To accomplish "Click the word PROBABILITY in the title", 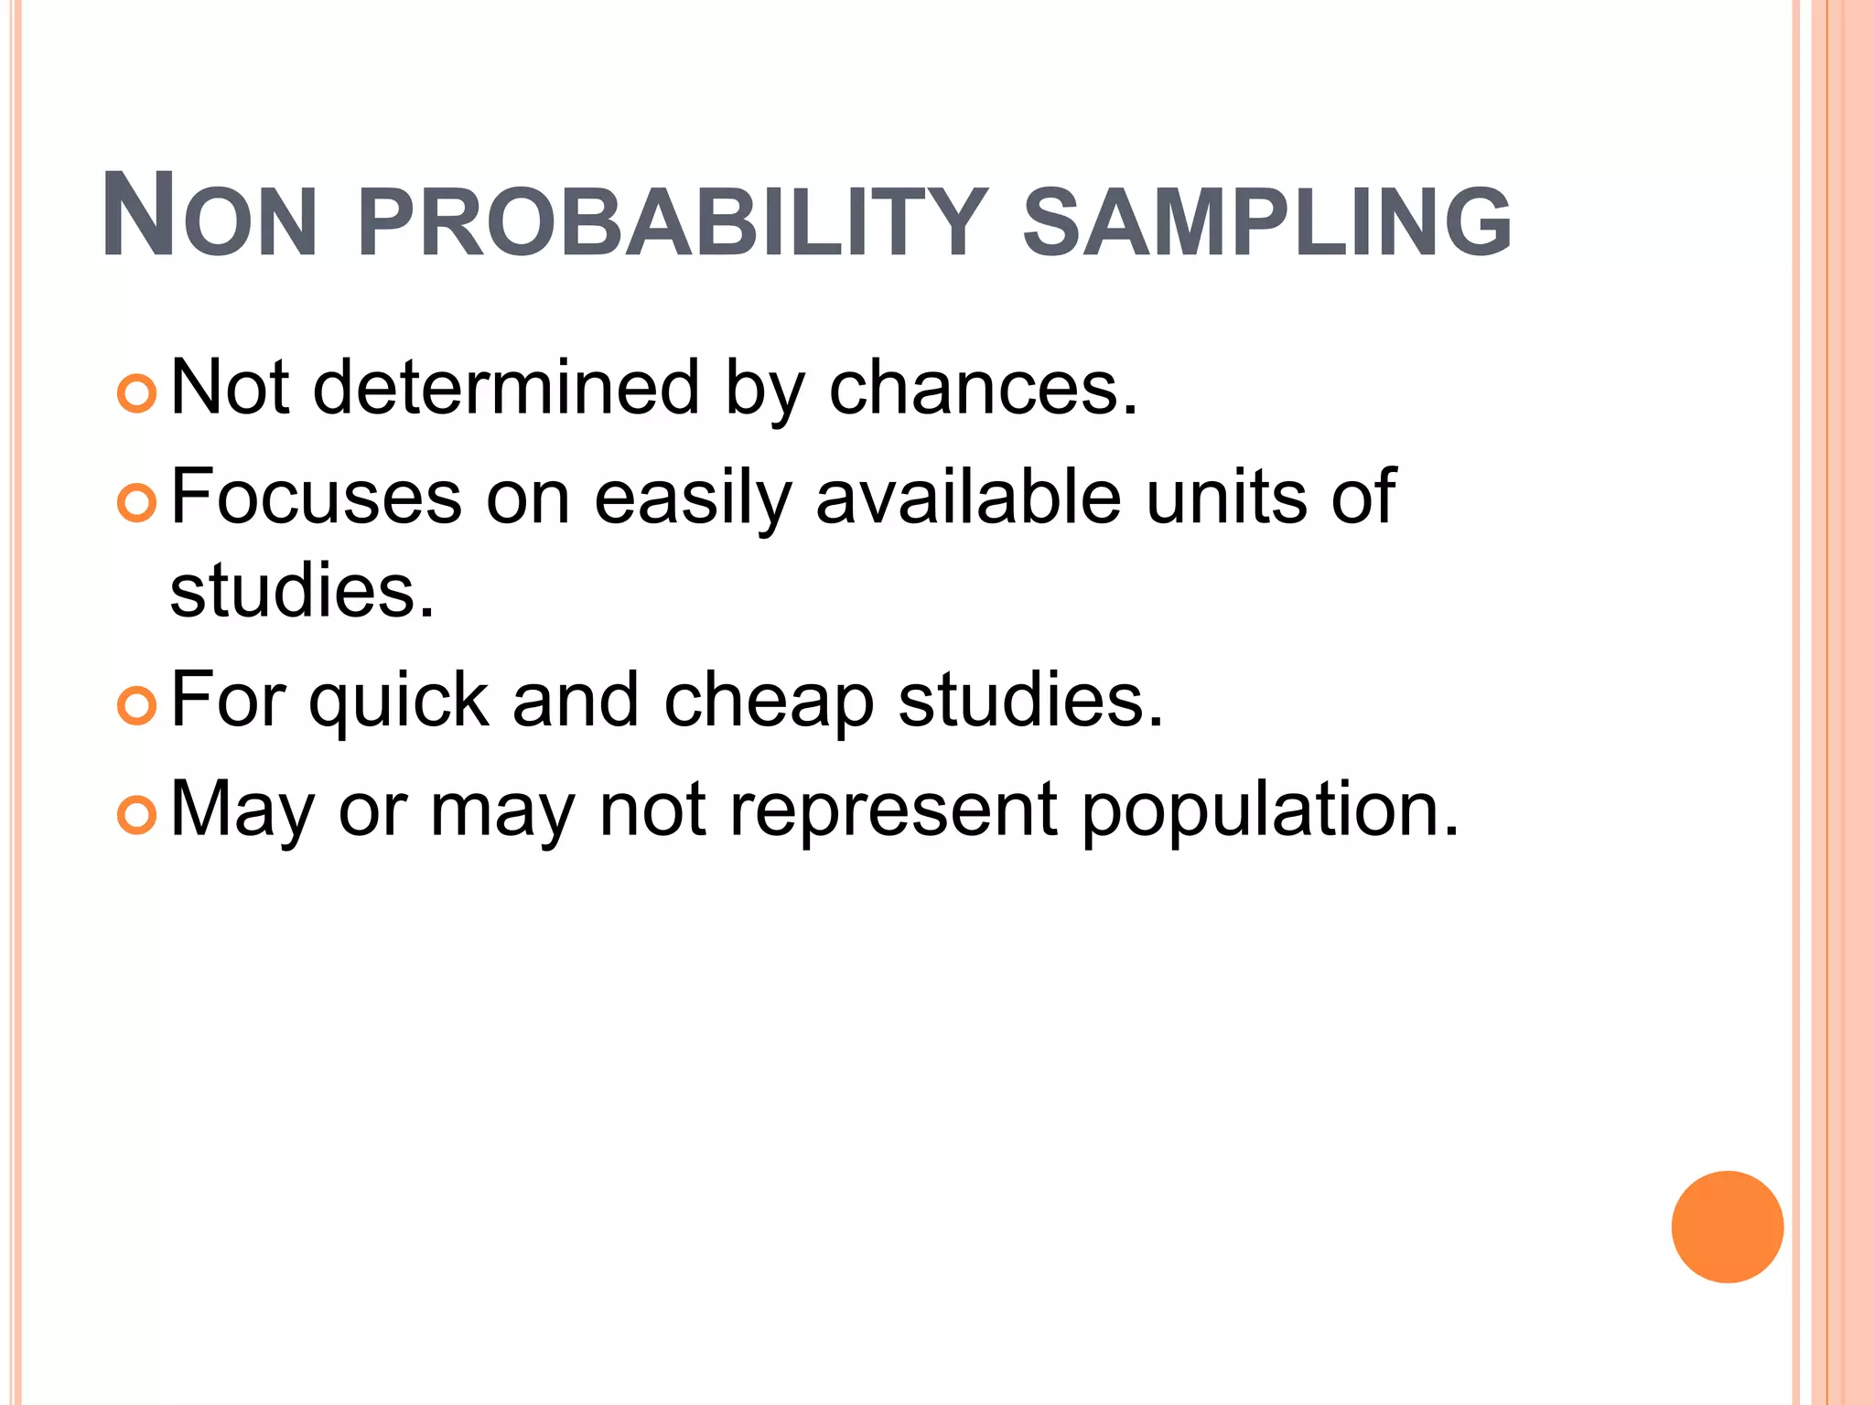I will (x=673, y=220).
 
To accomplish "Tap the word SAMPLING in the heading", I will (x=1266, y=220).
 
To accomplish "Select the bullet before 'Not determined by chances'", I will (x=137, y=393).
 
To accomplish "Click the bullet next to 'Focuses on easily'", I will (x=137, y=502).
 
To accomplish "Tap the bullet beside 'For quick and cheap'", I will (x=137, y=705).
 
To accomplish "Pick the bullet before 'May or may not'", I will (x=137, y=814).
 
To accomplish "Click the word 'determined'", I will (x=506, y=388).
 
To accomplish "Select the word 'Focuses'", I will (x=316, y=497).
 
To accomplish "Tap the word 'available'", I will (x=968, y=497).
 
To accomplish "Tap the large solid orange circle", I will (x=1727, y=1227).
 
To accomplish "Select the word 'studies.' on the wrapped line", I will (x=302, y=591).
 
